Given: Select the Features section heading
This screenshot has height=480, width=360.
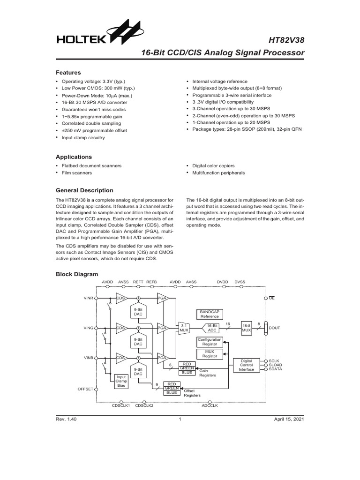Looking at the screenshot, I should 68,73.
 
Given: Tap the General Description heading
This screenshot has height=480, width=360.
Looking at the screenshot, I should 84,190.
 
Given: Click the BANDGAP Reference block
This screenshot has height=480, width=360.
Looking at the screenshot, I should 210,314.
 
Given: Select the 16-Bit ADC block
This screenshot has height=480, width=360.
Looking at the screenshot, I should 213,328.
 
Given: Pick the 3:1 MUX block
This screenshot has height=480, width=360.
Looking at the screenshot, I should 184,328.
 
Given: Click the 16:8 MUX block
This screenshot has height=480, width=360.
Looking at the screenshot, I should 247,328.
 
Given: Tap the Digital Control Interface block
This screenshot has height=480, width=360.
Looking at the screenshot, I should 247,366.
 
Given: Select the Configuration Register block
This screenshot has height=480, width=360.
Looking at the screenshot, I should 210,341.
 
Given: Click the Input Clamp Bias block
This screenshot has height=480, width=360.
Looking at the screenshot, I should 121,381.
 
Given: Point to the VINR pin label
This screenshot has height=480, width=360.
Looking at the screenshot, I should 89,298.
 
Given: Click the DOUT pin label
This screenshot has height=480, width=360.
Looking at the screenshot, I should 275,328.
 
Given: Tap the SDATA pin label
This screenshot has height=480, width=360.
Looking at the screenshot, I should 276,369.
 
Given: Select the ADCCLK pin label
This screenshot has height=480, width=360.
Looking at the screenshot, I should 210,405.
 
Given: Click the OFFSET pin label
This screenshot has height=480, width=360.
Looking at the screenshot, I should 85,389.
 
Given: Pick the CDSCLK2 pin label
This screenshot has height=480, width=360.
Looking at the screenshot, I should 144,405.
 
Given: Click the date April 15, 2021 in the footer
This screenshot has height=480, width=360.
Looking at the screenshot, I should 289,419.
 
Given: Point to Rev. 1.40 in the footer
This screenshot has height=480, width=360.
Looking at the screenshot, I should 66,419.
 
